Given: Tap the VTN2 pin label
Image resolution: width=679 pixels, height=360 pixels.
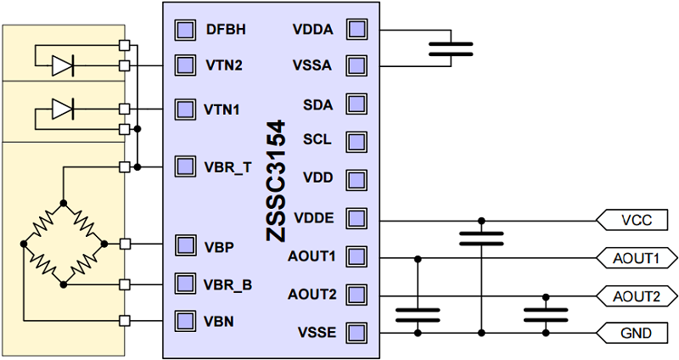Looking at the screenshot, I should pos(223,65).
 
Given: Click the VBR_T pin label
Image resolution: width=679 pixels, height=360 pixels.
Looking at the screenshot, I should pos(227,166).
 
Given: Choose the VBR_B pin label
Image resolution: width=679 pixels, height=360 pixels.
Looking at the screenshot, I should pos(227,284).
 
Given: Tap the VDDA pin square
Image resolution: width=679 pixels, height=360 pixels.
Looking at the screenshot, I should pos(356,30).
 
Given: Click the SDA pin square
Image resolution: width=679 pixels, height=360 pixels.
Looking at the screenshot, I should pos(356,104).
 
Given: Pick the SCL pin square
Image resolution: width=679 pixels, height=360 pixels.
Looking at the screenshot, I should pos(356,140).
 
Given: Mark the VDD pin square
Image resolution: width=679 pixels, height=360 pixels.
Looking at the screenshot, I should pos(356,180).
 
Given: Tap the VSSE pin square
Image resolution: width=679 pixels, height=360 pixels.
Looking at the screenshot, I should pos(356,331).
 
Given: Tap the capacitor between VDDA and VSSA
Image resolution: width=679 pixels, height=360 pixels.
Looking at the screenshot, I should pos(451,48).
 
